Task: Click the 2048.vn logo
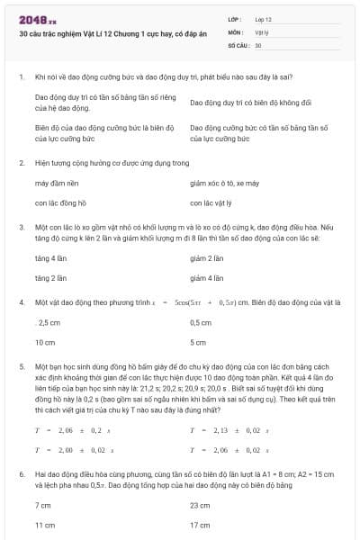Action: click(38, 19)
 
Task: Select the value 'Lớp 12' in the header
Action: click(264, 18)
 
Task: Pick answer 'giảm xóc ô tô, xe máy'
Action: click(225, 183)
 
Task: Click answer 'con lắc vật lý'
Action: click(211, 202)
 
